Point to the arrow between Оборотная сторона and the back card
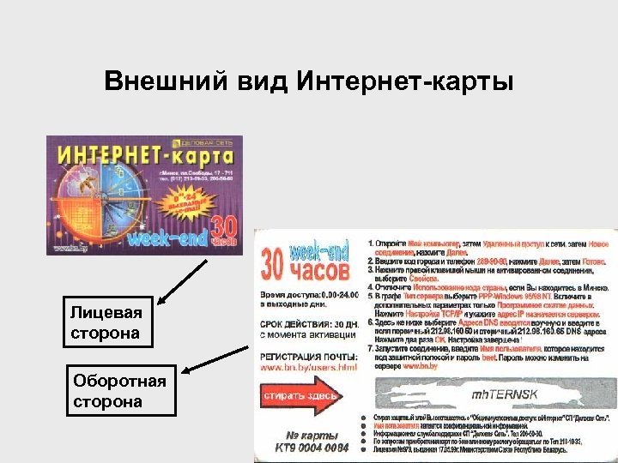point(218,356)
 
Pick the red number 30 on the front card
point(221,227)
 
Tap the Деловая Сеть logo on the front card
point(207,141)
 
